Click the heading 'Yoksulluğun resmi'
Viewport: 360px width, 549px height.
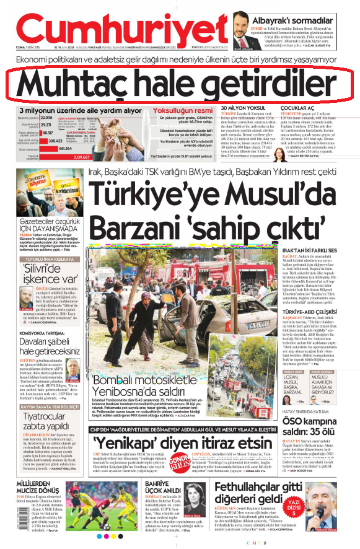(187, 110)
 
